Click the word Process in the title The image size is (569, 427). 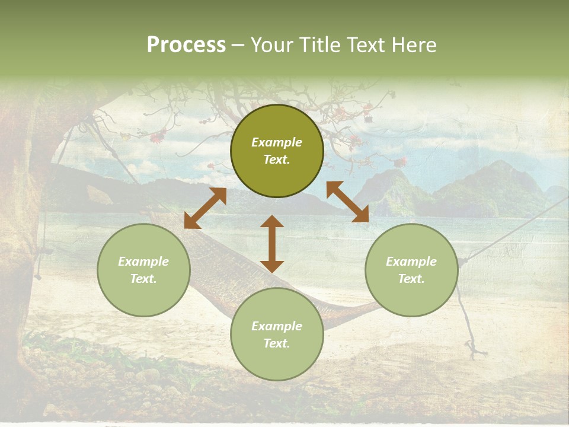click(x=186, y=45)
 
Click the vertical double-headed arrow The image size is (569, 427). click(x=272, y=244)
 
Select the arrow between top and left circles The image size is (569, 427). click(x=205, y=208)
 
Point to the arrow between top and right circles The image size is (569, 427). click(x=347, y=202)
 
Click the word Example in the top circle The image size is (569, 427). click(x=277, y=142)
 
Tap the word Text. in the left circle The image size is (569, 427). click(x=143, y=279)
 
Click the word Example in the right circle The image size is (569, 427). click(x=411, y=262)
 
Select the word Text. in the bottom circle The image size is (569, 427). click(x=277, y=343)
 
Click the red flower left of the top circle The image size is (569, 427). click(x=157, y=138)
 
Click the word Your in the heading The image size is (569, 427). click(x=270, y=45)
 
